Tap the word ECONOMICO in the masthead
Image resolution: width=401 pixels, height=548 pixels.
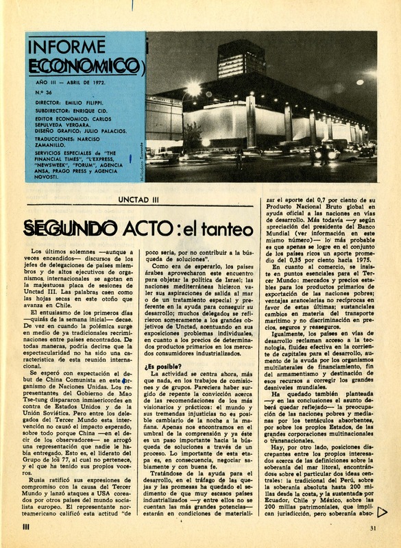(80, 66)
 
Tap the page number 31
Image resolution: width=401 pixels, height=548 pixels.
(373, 527)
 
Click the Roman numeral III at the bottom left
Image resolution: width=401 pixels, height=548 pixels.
(25, 527)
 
